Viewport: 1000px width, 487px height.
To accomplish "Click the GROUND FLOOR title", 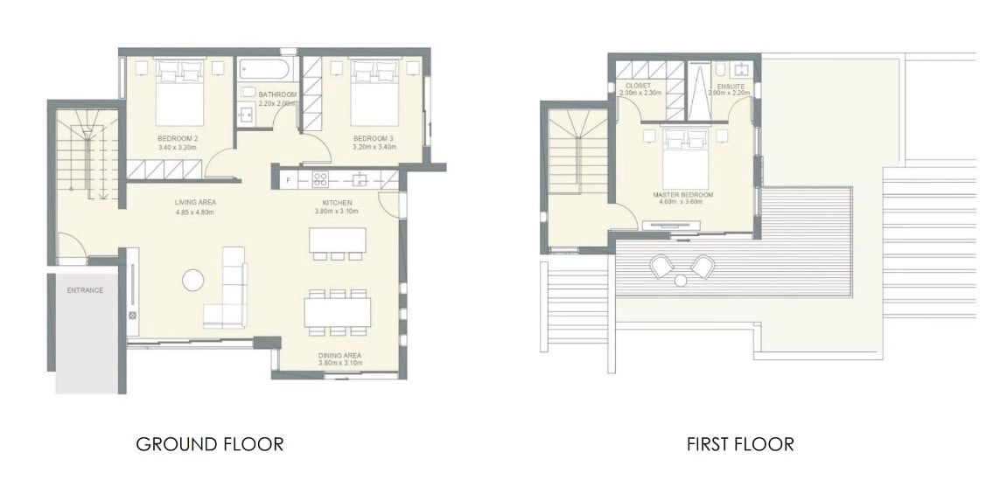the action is pos(210,443).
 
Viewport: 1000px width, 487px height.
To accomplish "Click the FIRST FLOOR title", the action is pos(740,443).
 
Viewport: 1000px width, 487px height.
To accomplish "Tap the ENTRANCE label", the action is pos(85,290).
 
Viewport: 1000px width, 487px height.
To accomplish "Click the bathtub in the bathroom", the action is pos(265,69).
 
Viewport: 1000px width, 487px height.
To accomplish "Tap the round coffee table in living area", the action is pos(192,280).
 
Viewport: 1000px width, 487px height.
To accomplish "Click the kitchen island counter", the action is pos(338,240).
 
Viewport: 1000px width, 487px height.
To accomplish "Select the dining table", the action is pos(338,312).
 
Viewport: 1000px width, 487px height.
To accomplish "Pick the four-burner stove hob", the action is pos(320,180).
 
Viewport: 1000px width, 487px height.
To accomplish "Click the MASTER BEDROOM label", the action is pos(682,194).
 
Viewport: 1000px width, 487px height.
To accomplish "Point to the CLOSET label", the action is pos(638,86).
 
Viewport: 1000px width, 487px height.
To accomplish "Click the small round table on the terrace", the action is pos(681,281).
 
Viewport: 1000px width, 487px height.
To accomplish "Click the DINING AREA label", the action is pos(340,355).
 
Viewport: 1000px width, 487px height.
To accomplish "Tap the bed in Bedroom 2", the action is pos(180,93).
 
